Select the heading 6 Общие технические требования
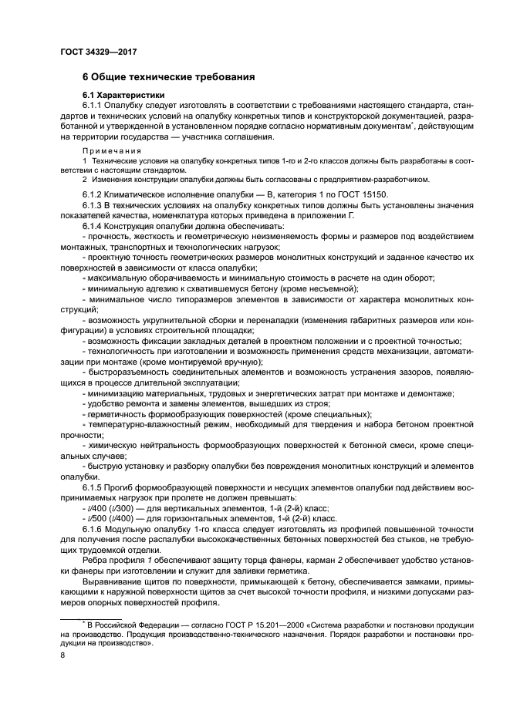(x=168, y=77)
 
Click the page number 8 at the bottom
(x=62, y=655)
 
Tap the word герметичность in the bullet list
(x=117, y=415)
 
